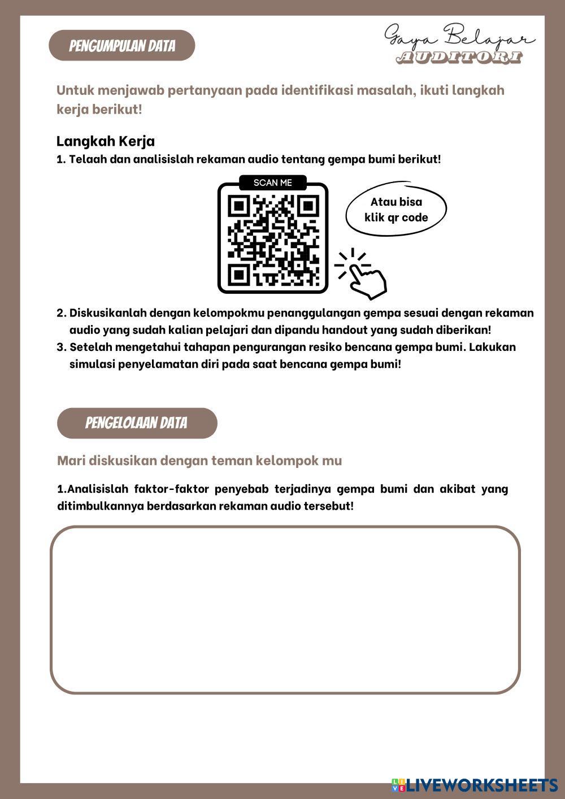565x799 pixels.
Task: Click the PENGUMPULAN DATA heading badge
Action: coord(122,46)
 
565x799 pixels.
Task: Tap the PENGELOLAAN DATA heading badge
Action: coord(137,423)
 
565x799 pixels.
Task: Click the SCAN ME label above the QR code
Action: coord(273,183)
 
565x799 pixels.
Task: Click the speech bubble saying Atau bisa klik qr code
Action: coord(396,210)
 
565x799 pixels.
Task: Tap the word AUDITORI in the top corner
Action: coord(459,58)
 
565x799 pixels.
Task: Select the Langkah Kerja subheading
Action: coord(106,141)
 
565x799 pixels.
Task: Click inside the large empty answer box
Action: coord(285,610)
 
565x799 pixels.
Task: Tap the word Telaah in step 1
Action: coord(88,159)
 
